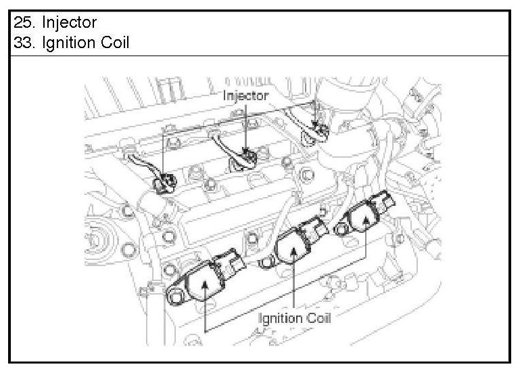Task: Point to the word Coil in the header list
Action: (114, 42)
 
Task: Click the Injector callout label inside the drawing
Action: (245, 95)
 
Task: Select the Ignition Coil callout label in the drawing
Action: (295, 318)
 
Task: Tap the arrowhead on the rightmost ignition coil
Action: (366, 219)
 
